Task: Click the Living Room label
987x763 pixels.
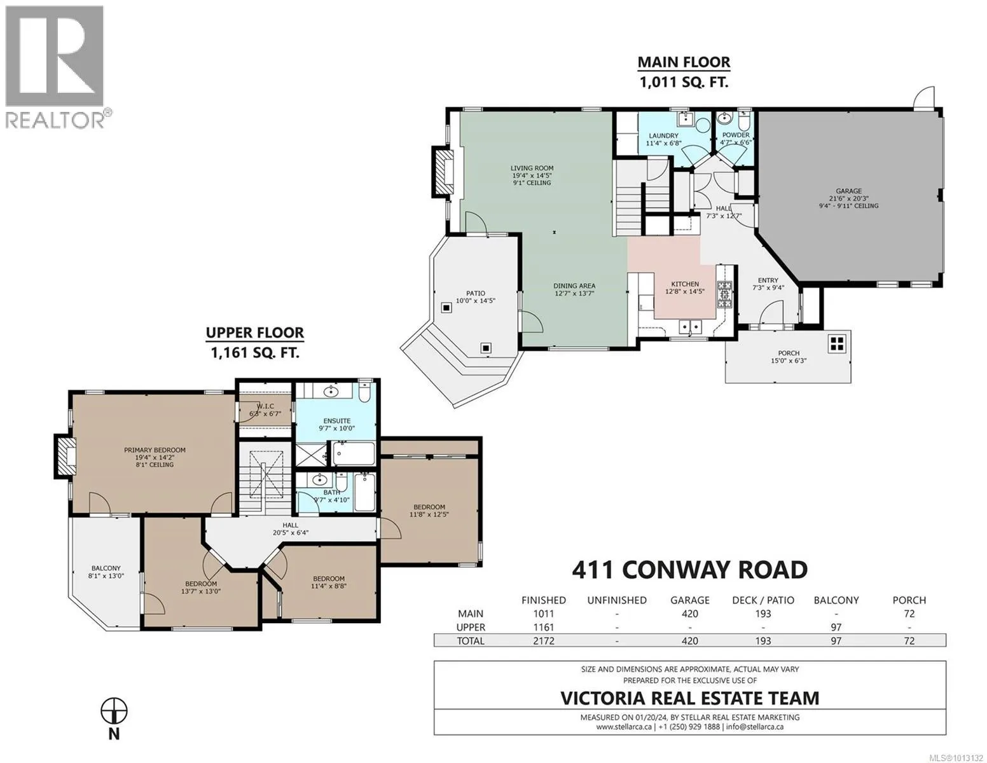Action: click(x=532, y=168)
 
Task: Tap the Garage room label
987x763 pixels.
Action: click(x=848, y=191)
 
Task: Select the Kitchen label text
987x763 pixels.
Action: click(x=684, y=284)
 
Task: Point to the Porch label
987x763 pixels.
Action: click(x=788, y=353)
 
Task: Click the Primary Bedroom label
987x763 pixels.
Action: click(x=155, y=450)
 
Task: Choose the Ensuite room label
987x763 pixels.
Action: click(x=336, y=421)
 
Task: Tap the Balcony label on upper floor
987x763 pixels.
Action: click(x=106, y=568)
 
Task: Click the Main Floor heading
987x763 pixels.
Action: click(x=684, y=62)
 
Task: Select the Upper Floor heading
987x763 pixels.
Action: click(x=255, y=333)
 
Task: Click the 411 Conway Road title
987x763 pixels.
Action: click(x=689, y=570)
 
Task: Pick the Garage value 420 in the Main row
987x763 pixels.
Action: click(x=689, y=614)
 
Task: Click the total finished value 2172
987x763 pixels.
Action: click(x=544, y=641)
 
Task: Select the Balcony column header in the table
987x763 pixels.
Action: click(x=836, y=600)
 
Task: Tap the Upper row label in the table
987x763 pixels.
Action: click(x=471, y=628)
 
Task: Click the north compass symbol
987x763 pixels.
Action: click(x=114, y=711)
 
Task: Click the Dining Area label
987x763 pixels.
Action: click(x=574, y=286)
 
